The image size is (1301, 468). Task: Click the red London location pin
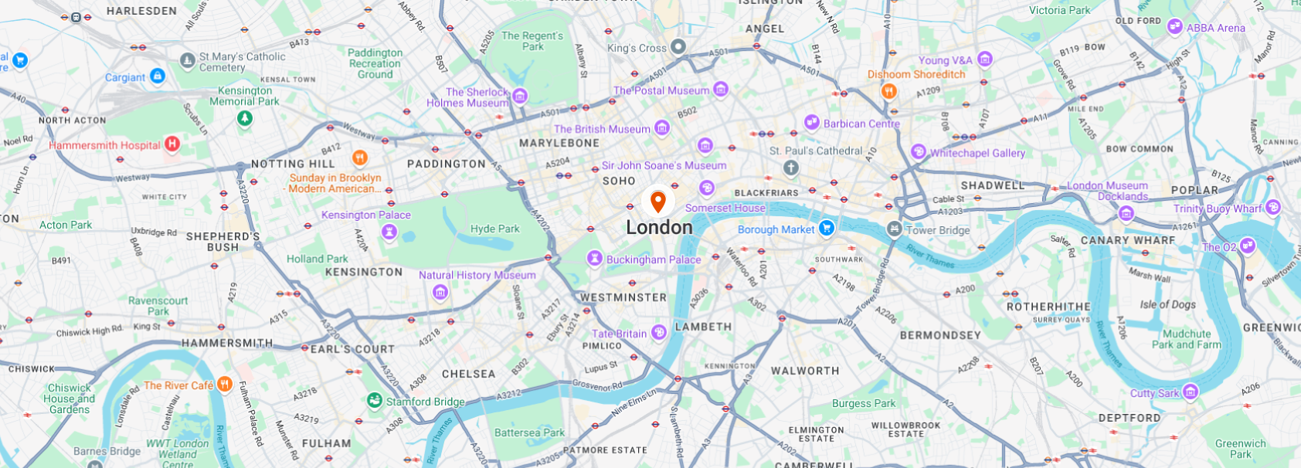click(x=657, y=202)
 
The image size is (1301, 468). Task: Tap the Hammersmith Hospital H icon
click(x=172, y=144)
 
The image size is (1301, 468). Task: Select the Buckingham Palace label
click(x=654, y=259)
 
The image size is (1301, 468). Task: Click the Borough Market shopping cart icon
click(x=827, y=228)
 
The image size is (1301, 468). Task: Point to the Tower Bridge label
click(x=937, y=230)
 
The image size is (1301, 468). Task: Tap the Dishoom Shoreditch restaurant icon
click(x=889, y=91)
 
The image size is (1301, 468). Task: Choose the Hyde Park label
click(x=494, y=229)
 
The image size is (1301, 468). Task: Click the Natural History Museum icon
click(x=440, y=292)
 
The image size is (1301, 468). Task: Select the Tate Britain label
click(x=619, y=334)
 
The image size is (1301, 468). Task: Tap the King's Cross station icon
click(x=678, y=47)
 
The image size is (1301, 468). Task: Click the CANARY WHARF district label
click(x=1127, y=240)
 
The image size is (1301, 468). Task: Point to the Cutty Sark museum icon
click(x=1191, y=392)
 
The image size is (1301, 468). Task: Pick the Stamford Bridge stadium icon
click(x=375, y=400)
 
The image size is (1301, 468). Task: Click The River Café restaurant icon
click(x=224, y=384)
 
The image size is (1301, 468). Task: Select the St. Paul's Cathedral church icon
click(x=791, y=168)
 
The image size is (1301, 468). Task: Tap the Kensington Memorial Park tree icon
click(x=244, y=118)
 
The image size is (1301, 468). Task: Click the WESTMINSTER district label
click(x=623, y=297)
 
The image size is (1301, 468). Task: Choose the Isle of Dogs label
click(x=1167, y=304)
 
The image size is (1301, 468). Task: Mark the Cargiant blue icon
click(x=158, y=76)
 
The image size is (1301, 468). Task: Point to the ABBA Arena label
click(x=1215, y=28)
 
